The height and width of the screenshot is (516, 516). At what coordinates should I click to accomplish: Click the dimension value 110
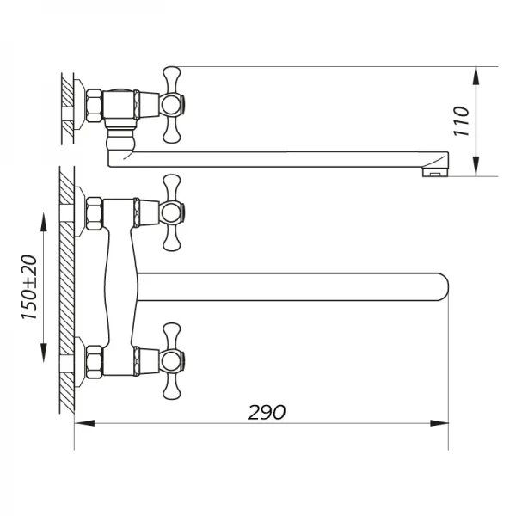(463, 121)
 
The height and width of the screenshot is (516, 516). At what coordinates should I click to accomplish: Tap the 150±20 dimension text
(28, 288)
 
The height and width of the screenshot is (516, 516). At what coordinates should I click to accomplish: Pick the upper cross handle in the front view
(171, 211)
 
